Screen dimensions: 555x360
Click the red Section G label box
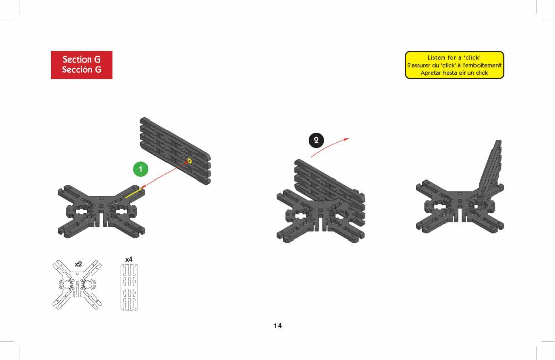(81, 65)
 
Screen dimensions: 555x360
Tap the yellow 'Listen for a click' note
(454, 65)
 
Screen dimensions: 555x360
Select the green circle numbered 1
(141, 169)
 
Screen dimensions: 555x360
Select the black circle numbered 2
(316, 140)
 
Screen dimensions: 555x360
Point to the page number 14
(277, 326)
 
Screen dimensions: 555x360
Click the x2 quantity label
(78, 264)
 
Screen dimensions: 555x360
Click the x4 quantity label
(129, 259)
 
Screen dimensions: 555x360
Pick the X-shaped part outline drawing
(78, 284)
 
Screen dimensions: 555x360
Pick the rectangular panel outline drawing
(129, 287)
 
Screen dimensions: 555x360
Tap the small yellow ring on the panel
(189, 161)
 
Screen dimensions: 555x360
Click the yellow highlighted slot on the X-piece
(134, 193)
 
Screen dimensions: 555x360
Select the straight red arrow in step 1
(164, 174)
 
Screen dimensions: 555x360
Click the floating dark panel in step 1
(175, 151)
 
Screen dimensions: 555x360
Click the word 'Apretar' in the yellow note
(431, 73)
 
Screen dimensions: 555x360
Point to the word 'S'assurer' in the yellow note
(419, 65)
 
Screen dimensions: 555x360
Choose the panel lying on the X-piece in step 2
(329, 191)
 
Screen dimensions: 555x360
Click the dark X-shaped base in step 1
(101, 211)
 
